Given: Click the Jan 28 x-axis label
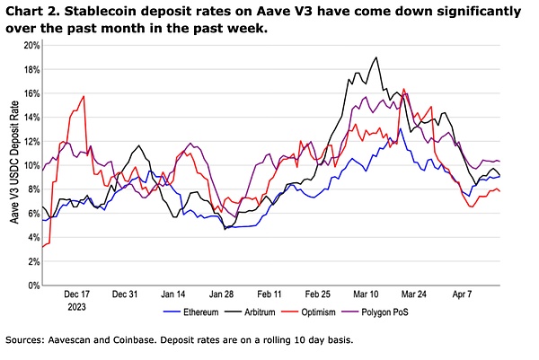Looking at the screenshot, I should [221, 294].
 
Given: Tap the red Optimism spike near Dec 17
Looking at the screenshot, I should [84, 96].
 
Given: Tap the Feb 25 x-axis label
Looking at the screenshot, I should [318, 294].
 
